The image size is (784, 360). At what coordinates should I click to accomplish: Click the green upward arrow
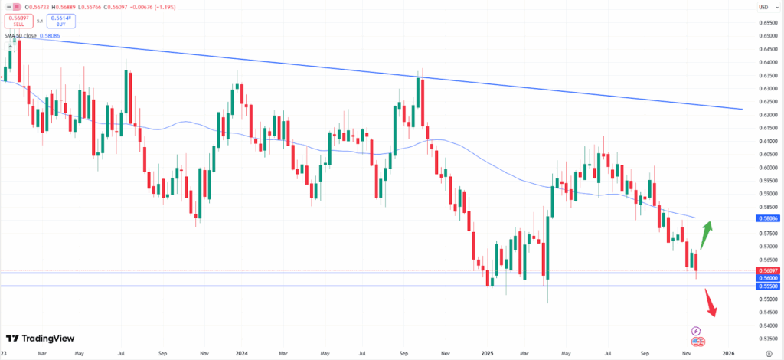point(707,231)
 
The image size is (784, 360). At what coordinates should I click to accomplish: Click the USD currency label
point(763,7)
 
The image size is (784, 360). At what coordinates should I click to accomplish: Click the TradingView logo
point(35,338)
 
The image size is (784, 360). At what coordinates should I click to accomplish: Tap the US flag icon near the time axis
point(697,342)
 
